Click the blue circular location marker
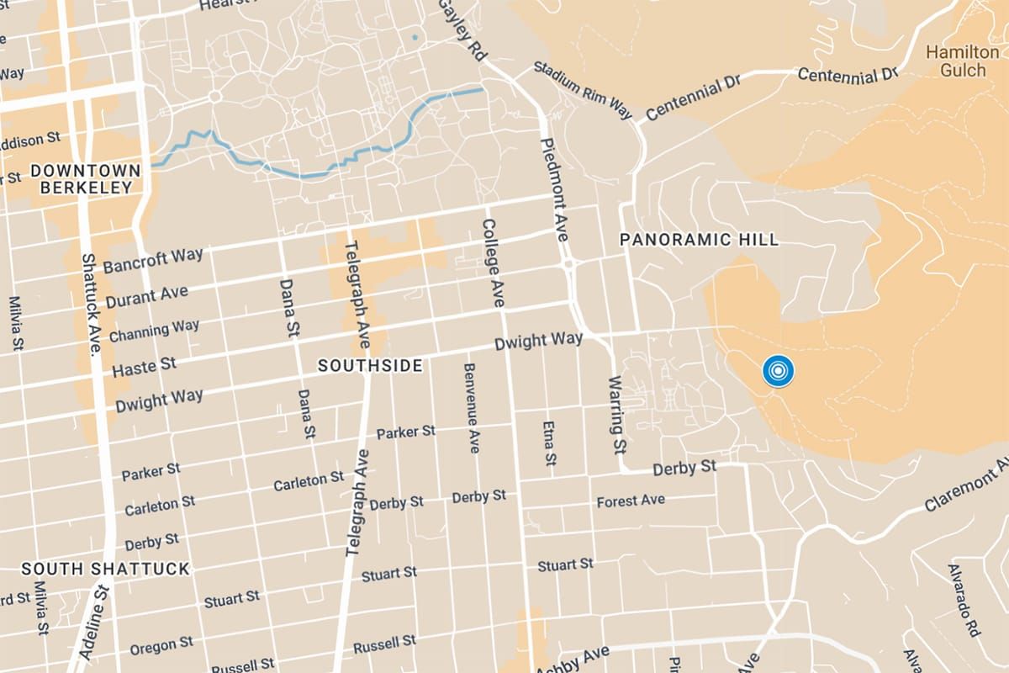coord(779,371)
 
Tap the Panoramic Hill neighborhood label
coord(699,240)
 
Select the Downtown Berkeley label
coord(82,179)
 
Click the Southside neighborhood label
coord(369,366)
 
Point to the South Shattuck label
coord(106,570)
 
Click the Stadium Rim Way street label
coord(583,90)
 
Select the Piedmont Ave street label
coord(555,189)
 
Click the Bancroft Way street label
coord(153,261)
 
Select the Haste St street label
coord(145,366)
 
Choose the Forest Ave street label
coord(631,501)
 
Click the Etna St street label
coord(548,443)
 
